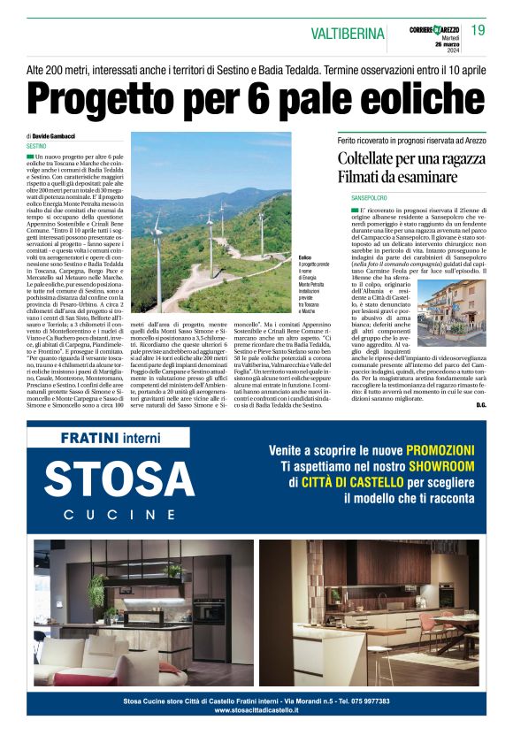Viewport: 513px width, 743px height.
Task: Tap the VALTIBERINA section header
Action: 348,34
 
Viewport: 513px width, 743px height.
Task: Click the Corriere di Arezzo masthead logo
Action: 433,30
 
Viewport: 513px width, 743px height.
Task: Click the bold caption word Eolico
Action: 305,257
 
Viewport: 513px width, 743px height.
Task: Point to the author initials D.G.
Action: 480,404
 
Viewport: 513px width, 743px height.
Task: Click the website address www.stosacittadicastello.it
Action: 256,709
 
